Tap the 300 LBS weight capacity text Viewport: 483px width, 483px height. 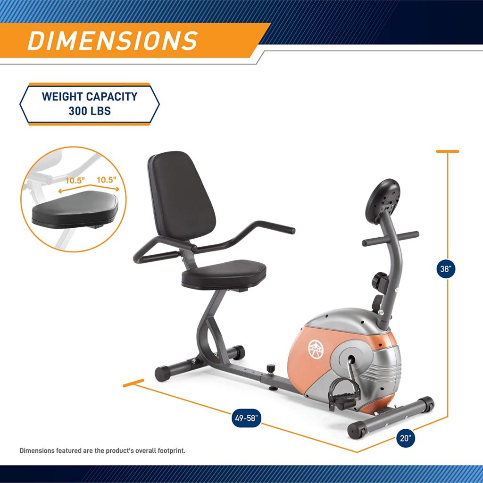pyautogui.click(x=90, y=112)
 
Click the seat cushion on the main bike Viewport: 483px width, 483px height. pyautogui.click(x=225, y=274)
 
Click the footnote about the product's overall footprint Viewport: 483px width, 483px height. pyautogui.click(x=102, y=450)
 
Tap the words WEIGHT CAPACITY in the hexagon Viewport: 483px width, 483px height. pyautogui.click(x=90, y=97)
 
